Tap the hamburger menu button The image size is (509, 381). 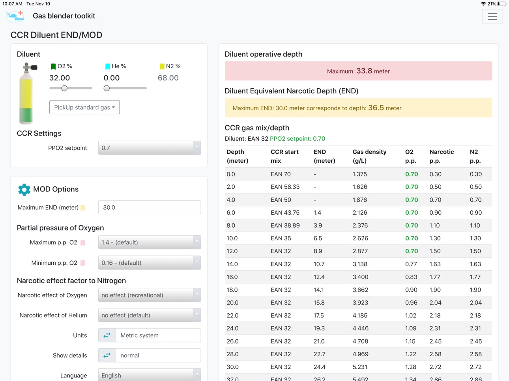click(x=492, y=17)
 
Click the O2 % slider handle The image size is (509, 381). click(x=64, y=88)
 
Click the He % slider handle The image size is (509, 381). click(x=107, y=88)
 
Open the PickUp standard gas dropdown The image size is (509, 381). click(x=84, y=107)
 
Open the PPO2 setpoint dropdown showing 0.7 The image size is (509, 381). click(x=150, y=148)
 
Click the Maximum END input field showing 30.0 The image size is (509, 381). click(x=150, y=207)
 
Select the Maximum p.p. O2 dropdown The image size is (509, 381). click(x=150, y=242)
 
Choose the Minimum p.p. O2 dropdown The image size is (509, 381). click(x=150, y=262)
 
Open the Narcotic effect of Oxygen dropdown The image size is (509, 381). click(x=150, y=295)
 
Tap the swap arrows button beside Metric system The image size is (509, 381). click(x=107, y=335)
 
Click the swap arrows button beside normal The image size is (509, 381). click(x=107, y=355)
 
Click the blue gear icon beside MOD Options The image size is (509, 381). click(x=24, y=190)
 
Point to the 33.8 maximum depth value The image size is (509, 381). click(x=364, y=71)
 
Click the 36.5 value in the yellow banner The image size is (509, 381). click(x=376, y=108)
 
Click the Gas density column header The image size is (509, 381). click(x=369, y=156)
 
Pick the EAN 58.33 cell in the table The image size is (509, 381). click(x=285, y=187)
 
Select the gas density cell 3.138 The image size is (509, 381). click(x=360, y=264)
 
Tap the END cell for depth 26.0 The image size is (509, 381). click(x=319, y=341)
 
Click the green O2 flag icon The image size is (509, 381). click(x=53, y=67)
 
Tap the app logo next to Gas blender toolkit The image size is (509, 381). click(x=15, y=16)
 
